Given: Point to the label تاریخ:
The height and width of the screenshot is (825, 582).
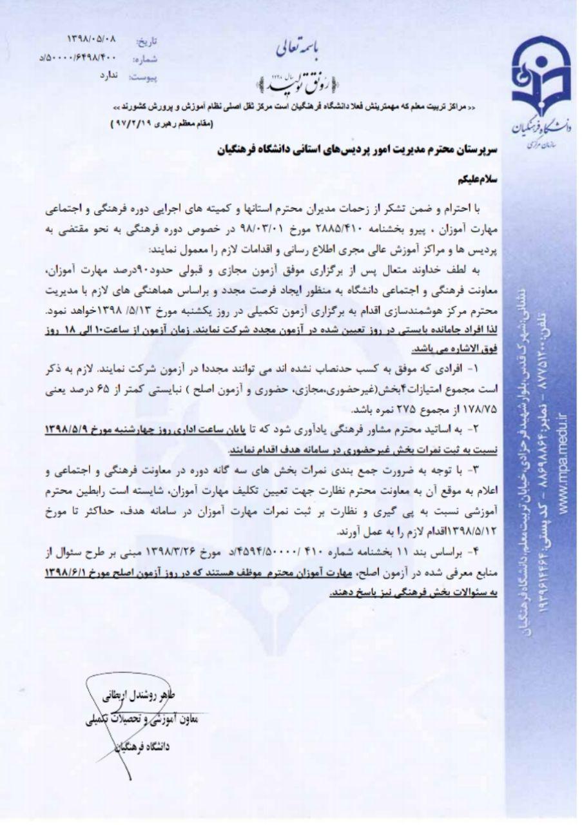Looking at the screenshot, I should (x=146, y=41).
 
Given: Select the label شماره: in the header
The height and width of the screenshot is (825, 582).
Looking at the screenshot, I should (x=146, y=59).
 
